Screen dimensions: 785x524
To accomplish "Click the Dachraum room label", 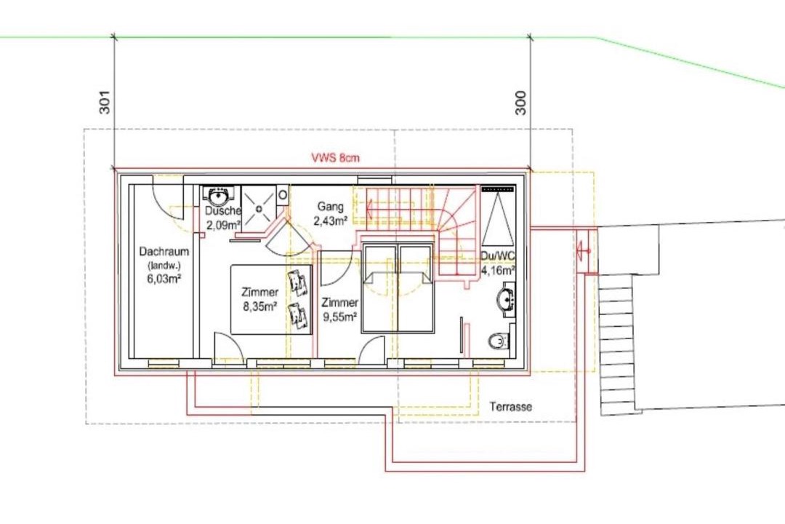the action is [x=164, y=251].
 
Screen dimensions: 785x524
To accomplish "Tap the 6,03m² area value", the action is [x=164, y=279].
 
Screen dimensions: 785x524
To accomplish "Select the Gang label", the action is [x=331, y=207].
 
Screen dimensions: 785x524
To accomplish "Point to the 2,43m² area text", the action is [x=331, y=221].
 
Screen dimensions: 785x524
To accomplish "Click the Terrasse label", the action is [x=511, y=407].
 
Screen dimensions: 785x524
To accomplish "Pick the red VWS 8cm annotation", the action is [x=335, y=157].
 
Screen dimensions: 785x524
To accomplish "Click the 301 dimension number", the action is [x=105, y=102].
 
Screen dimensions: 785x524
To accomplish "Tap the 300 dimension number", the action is [x=520, y=103].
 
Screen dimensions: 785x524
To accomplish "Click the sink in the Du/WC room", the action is [x=506, y=300].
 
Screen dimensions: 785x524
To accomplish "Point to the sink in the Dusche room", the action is [x=219, y=195].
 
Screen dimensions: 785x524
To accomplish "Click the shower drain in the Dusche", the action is [x=259, y=208].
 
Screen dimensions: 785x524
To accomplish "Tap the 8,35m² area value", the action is [x=260, y=306].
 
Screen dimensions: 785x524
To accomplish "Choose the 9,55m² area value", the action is [x=340, y=317].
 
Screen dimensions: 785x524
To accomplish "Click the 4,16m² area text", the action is [x=498, y=271].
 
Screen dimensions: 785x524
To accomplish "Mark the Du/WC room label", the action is [x=498, y=256].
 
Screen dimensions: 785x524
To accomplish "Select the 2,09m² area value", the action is [x=224, y=225].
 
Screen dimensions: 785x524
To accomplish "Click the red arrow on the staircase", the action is [x=390, y=205].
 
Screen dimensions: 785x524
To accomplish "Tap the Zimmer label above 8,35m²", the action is [x=259, y=292].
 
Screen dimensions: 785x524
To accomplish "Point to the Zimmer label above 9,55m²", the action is [x=340, y=303].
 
